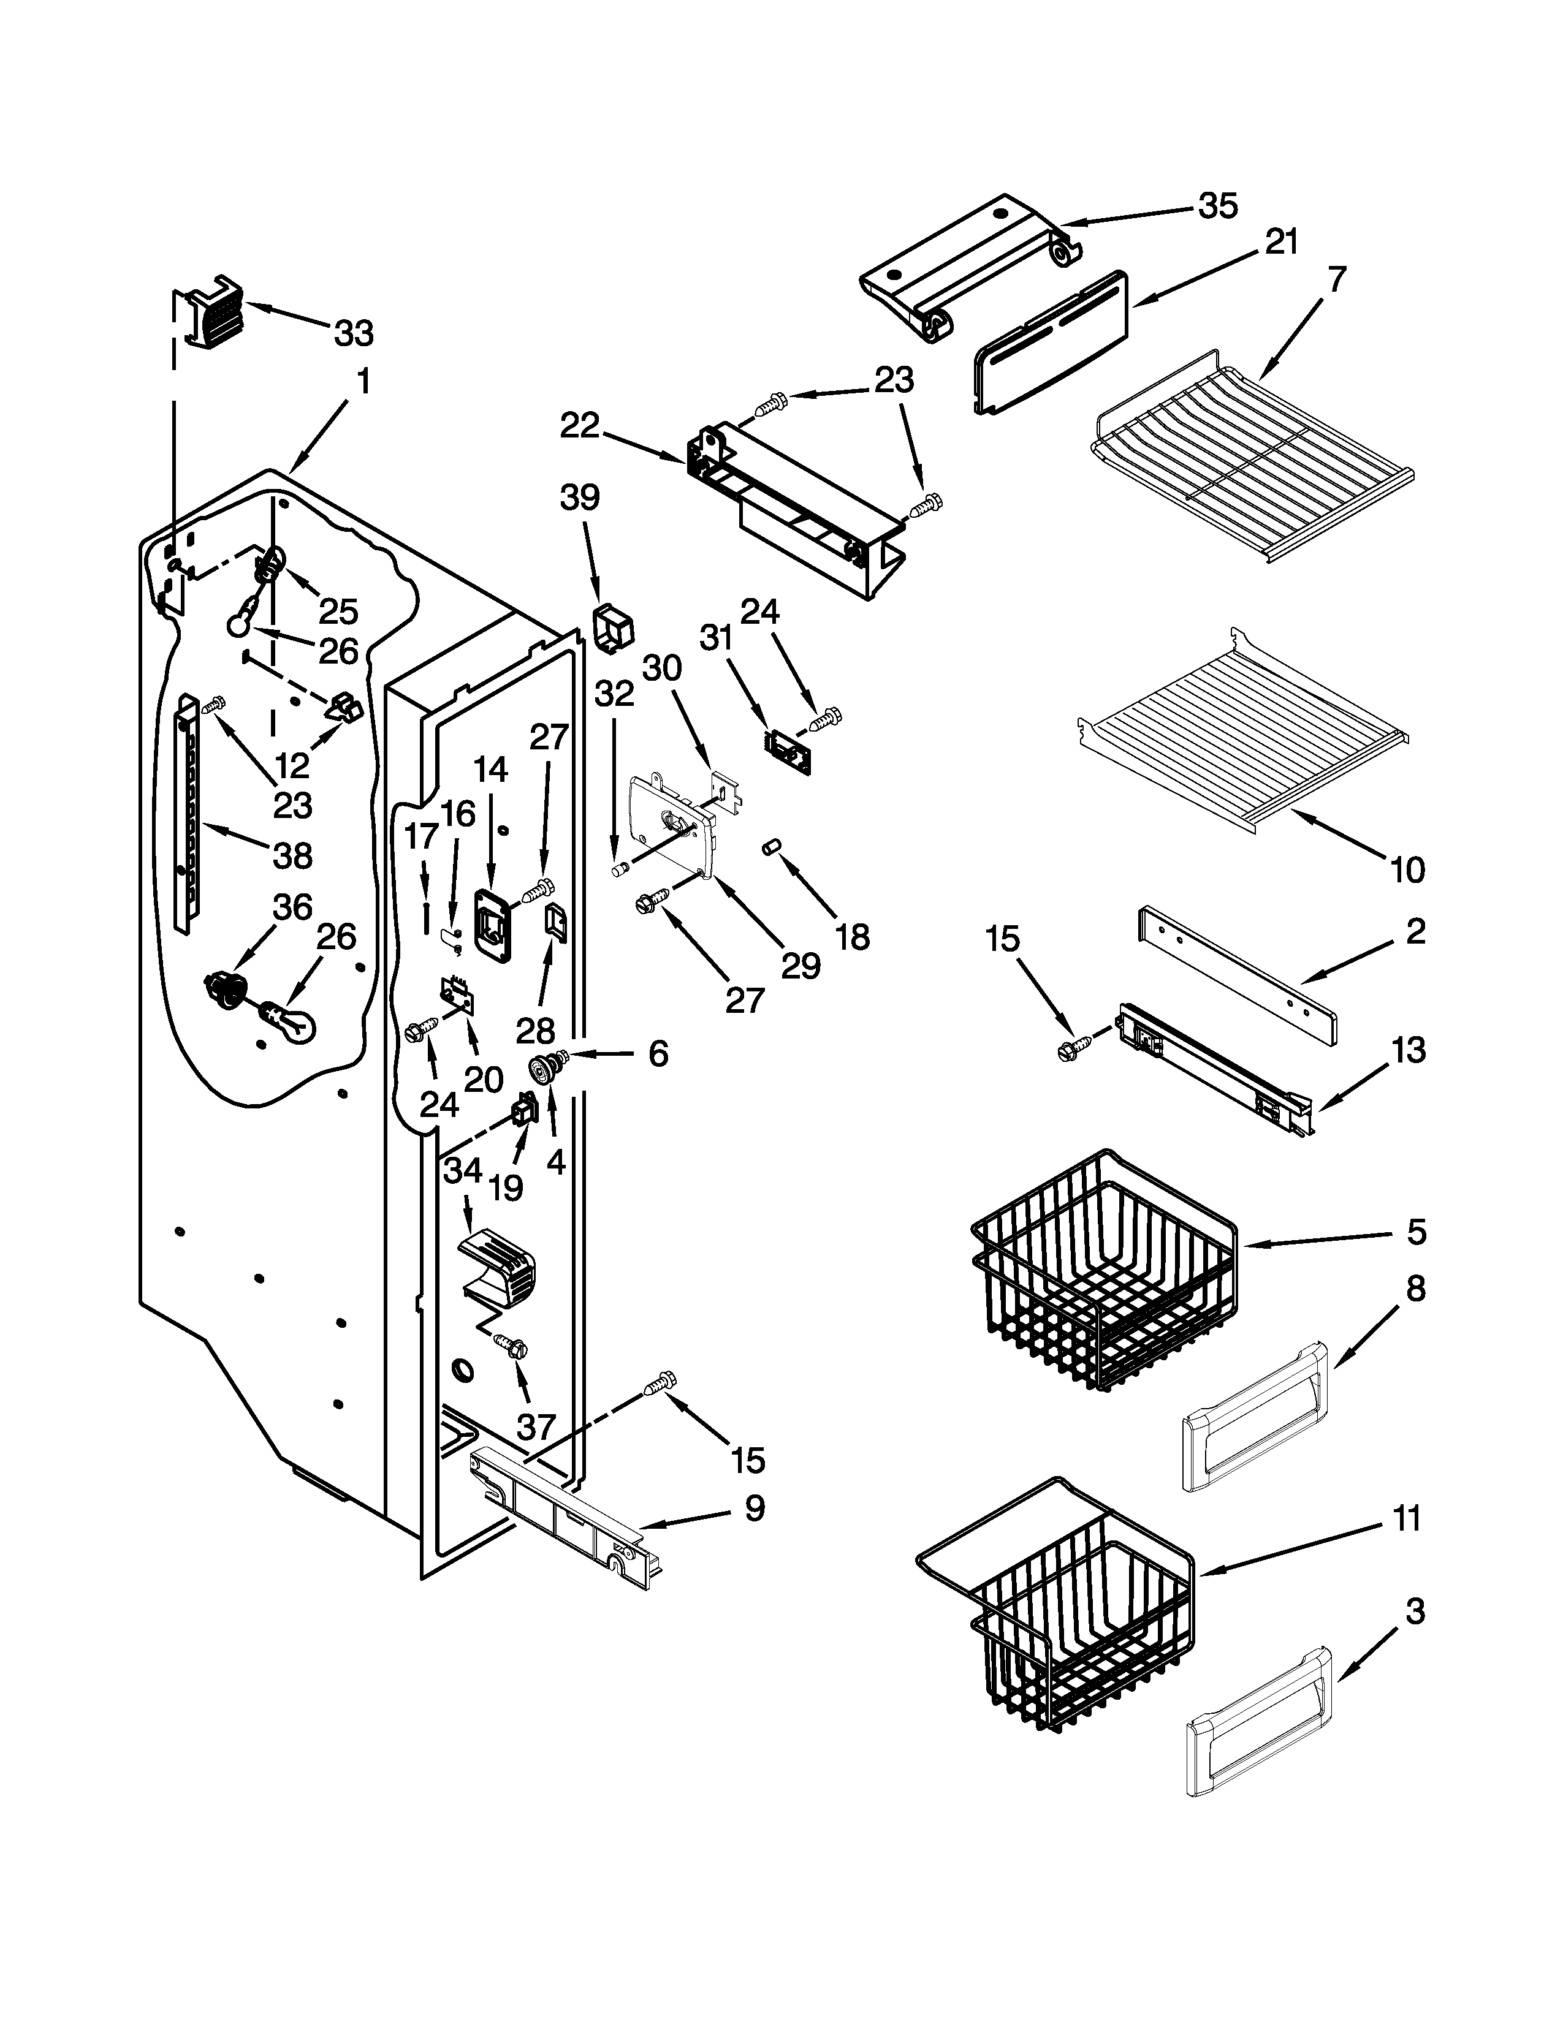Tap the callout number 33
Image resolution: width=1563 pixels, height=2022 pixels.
(x=354, y=333)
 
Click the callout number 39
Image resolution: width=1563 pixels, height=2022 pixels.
(x=580, y=498)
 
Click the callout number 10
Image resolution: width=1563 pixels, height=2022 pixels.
(x=1407, y=869)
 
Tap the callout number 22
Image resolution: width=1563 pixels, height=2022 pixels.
(x=580, y=426)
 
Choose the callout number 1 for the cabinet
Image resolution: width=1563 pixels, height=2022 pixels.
(x=364, y=382)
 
